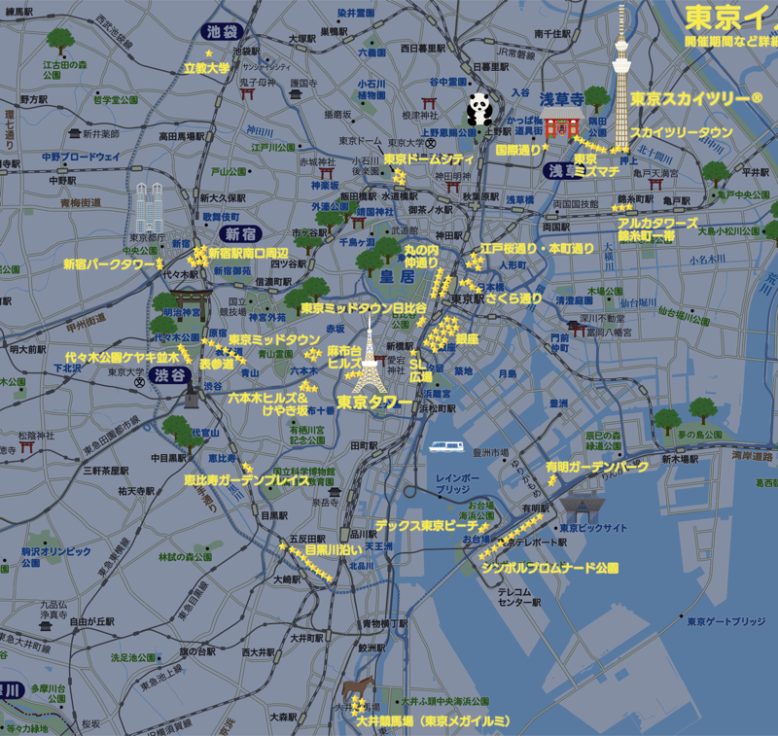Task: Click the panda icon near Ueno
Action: pyautogui.click(x=478, y=108)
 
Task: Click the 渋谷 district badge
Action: pyautogui.click(x=172, y=374)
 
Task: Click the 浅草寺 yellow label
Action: pyautogui.click(x=561, y=99)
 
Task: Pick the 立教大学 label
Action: pyautogui.click(x=206, y=68)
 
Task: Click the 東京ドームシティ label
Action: pyautogui.click(x=428, y=159)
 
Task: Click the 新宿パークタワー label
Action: pyautogui.click(x=109, y=263)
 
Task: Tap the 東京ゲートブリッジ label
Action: pyautogui.click(x=726, y=621)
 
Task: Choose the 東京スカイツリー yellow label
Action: pyautogui.click(x=695, y=99)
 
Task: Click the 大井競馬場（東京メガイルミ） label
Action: pyautogui.click(x=433, y=720)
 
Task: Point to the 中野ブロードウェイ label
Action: pyautogui.click(x=81, y=157)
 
